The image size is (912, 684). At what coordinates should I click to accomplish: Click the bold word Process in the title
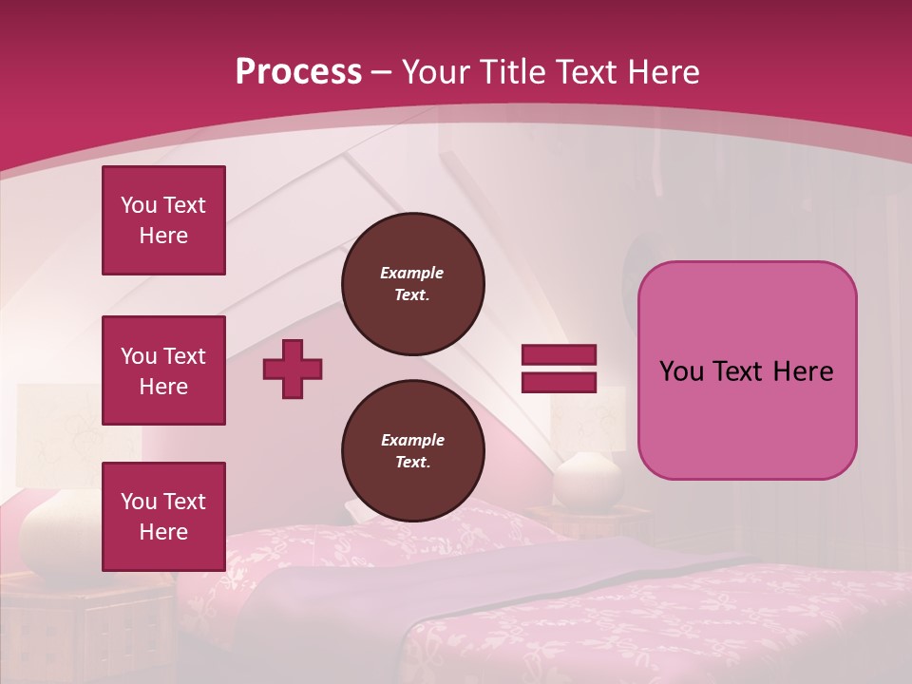point(298,72)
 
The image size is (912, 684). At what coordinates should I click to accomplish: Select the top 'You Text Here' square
point(163,220)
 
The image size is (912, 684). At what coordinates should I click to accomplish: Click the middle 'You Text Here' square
point(163,370)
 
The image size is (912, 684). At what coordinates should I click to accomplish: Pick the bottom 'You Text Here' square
point(163,517)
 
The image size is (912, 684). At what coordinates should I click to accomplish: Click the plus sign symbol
point(293,369)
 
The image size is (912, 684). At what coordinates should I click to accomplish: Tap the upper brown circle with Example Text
point(412,284)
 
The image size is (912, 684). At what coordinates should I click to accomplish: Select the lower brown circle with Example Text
point(412,451)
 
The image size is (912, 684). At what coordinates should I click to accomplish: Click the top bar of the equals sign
point(559,355)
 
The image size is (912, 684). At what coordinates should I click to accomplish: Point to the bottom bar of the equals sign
point(559,382)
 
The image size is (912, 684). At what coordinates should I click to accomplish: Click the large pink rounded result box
point(747,370)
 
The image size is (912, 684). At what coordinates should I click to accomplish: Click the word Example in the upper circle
point(412,273)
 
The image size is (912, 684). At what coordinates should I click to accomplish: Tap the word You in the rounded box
point(681,371)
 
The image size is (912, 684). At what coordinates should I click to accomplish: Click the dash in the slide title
point(382,72)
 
